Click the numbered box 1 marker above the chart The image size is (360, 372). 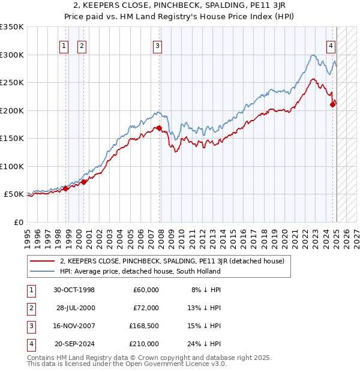click(64, 44)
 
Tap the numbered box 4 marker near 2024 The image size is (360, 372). click(331, 44)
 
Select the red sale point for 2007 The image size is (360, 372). click(159, 128)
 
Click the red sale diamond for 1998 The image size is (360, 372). click(66, 188)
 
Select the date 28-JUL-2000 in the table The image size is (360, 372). click(76, 308)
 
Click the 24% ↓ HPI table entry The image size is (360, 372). click(206, 344)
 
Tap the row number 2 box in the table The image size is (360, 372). click(31, 308)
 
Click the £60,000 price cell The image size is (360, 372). click(146, 290)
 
